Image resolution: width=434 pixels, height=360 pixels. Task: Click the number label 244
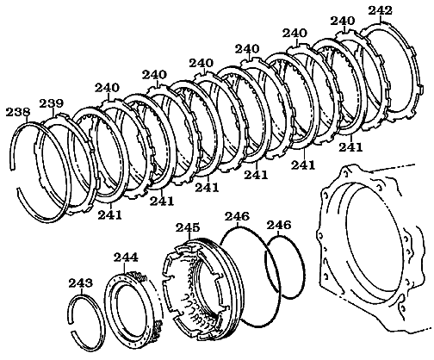point(125,258)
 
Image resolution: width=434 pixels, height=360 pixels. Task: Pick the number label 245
point(188,227)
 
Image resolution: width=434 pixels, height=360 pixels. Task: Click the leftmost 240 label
point(109,87)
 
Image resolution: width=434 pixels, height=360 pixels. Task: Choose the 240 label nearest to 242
point(342,21)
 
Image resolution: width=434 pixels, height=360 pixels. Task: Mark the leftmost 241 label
point(110,214)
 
